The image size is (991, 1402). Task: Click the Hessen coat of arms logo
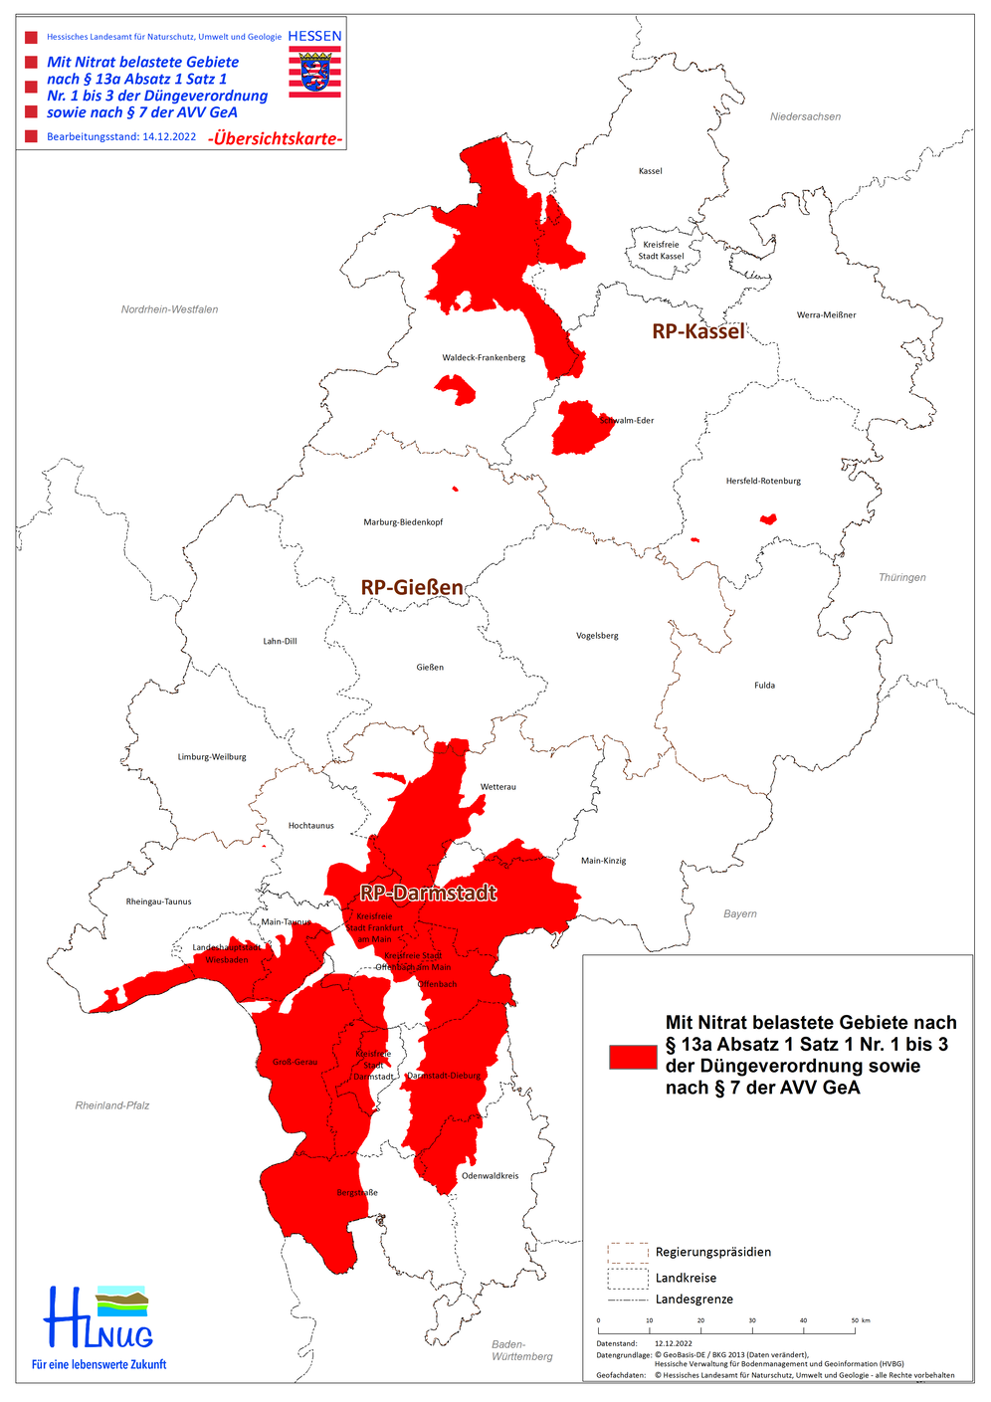(314, 72)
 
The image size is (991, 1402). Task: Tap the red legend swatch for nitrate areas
(633, 1057)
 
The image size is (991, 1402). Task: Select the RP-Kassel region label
(697, 331)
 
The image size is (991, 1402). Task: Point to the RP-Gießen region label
(412, 588)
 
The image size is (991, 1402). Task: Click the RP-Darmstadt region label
(428, 893)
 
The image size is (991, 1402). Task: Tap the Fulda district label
(764, 686)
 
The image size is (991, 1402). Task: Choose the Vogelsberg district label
(597, 636)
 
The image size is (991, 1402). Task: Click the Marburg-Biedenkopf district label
(403, 522)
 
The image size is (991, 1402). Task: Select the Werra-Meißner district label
(826, 315)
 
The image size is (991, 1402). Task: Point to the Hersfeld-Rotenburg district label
(763, 482)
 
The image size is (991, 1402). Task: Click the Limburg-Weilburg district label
(212, 757)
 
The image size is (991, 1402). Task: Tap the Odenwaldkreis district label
(490, 1176)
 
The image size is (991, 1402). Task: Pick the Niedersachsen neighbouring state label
(805, 117)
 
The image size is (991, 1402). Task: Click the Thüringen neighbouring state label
(901, 578)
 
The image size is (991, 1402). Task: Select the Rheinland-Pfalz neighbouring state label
(112, 1105)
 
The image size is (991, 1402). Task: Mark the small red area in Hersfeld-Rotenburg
(767, 518)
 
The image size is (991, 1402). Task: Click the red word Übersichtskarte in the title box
(276, 139)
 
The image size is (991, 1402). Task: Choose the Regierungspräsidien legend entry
(712, 1253)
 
